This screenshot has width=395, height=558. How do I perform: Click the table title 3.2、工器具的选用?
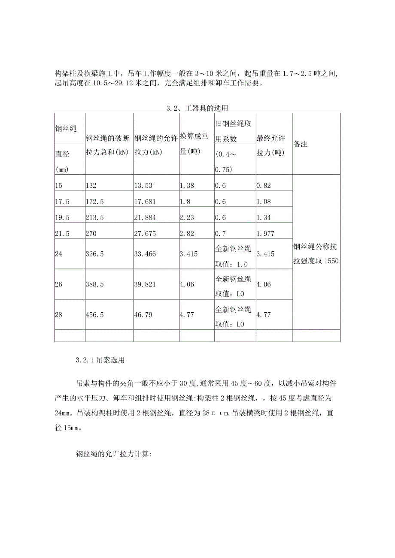click(x=197, y=108)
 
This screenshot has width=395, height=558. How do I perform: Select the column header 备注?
click(x=301, y=144)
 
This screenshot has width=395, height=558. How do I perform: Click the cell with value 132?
click(x=91, y=186)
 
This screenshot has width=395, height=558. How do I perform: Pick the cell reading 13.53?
click(x=143, y=186)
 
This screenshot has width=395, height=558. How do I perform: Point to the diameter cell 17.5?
click(x=62, y=202)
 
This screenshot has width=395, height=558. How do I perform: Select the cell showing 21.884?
click(x=145, y=217)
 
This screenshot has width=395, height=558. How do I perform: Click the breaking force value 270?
click(x=91, y=233)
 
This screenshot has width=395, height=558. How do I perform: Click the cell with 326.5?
click(x=95, y=254)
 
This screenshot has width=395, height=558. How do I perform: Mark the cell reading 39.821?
click(x=145, y=284)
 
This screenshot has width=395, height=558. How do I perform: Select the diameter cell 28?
click(x=59, y=314)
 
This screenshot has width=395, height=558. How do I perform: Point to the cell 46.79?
click(x=143, y=314)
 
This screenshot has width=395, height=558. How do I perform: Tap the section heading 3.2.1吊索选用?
click(x=100, y=360)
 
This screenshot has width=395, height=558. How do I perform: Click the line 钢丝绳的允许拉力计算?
click(x=112, y=454)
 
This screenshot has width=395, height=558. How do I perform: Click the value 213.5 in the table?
click(x=95, y=217)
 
